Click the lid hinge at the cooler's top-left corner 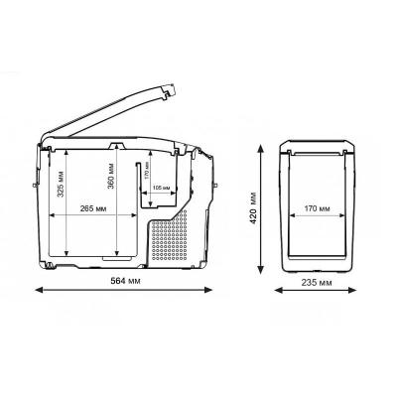pos(45,147)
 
